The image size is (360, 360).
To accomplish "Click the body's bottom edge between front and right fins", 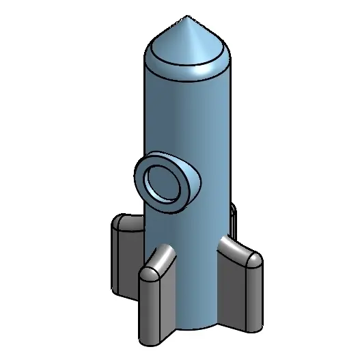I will [x=198, y=327].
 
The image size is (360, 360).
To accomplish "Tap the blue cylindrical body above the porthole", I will [x=188, y=116].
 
